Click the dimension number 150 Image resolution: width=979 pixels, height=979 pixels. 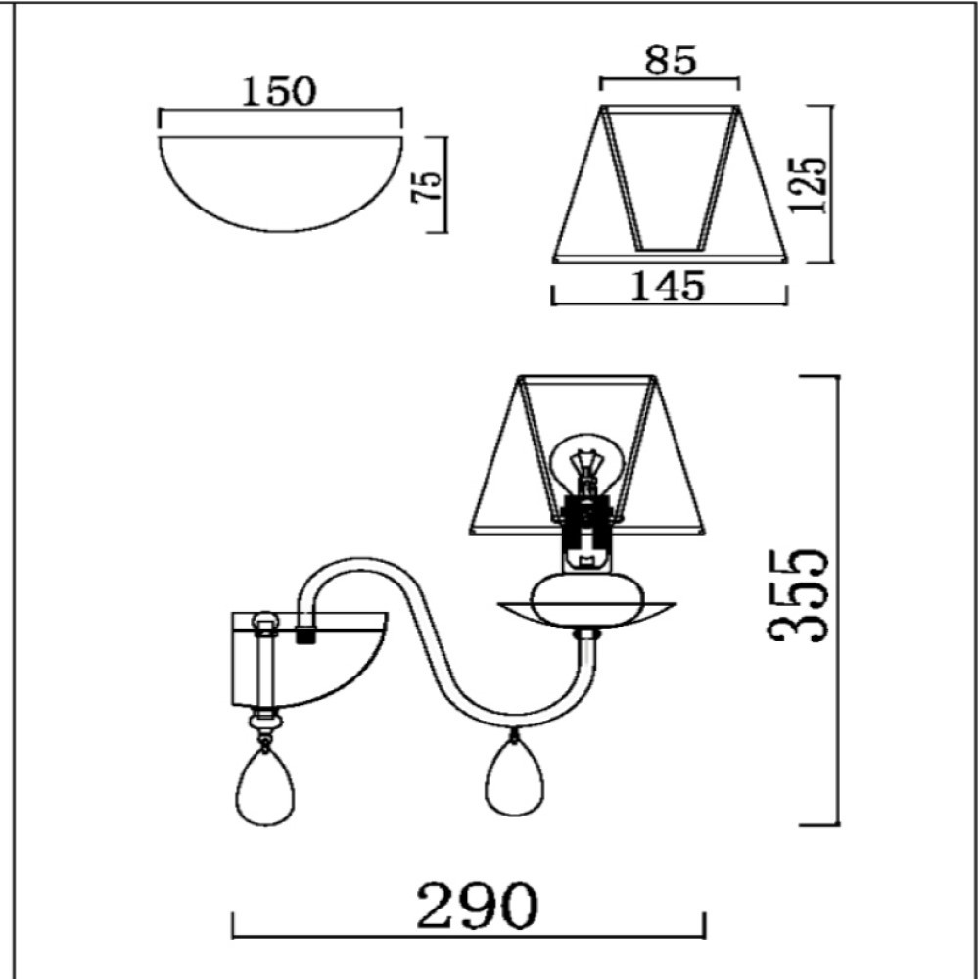pos(279,91)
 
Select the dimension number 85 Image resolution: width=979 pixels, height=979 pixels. pos(670,61)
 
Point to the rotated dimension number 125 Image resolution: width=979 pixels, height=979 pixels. pos(809,184)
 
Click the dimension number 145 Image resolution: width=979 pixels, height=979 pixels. pos(668,286)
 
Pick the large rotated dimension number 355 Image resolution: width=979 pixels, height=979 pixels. pos(798,595)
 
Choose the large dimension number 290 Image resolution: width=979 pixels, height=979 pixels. pos(477,906)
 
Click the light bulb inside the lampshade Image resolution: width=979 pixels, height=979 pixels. pos(585,464)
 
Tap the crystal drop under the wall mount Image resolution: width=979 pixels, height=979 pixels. pos(265,784)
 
